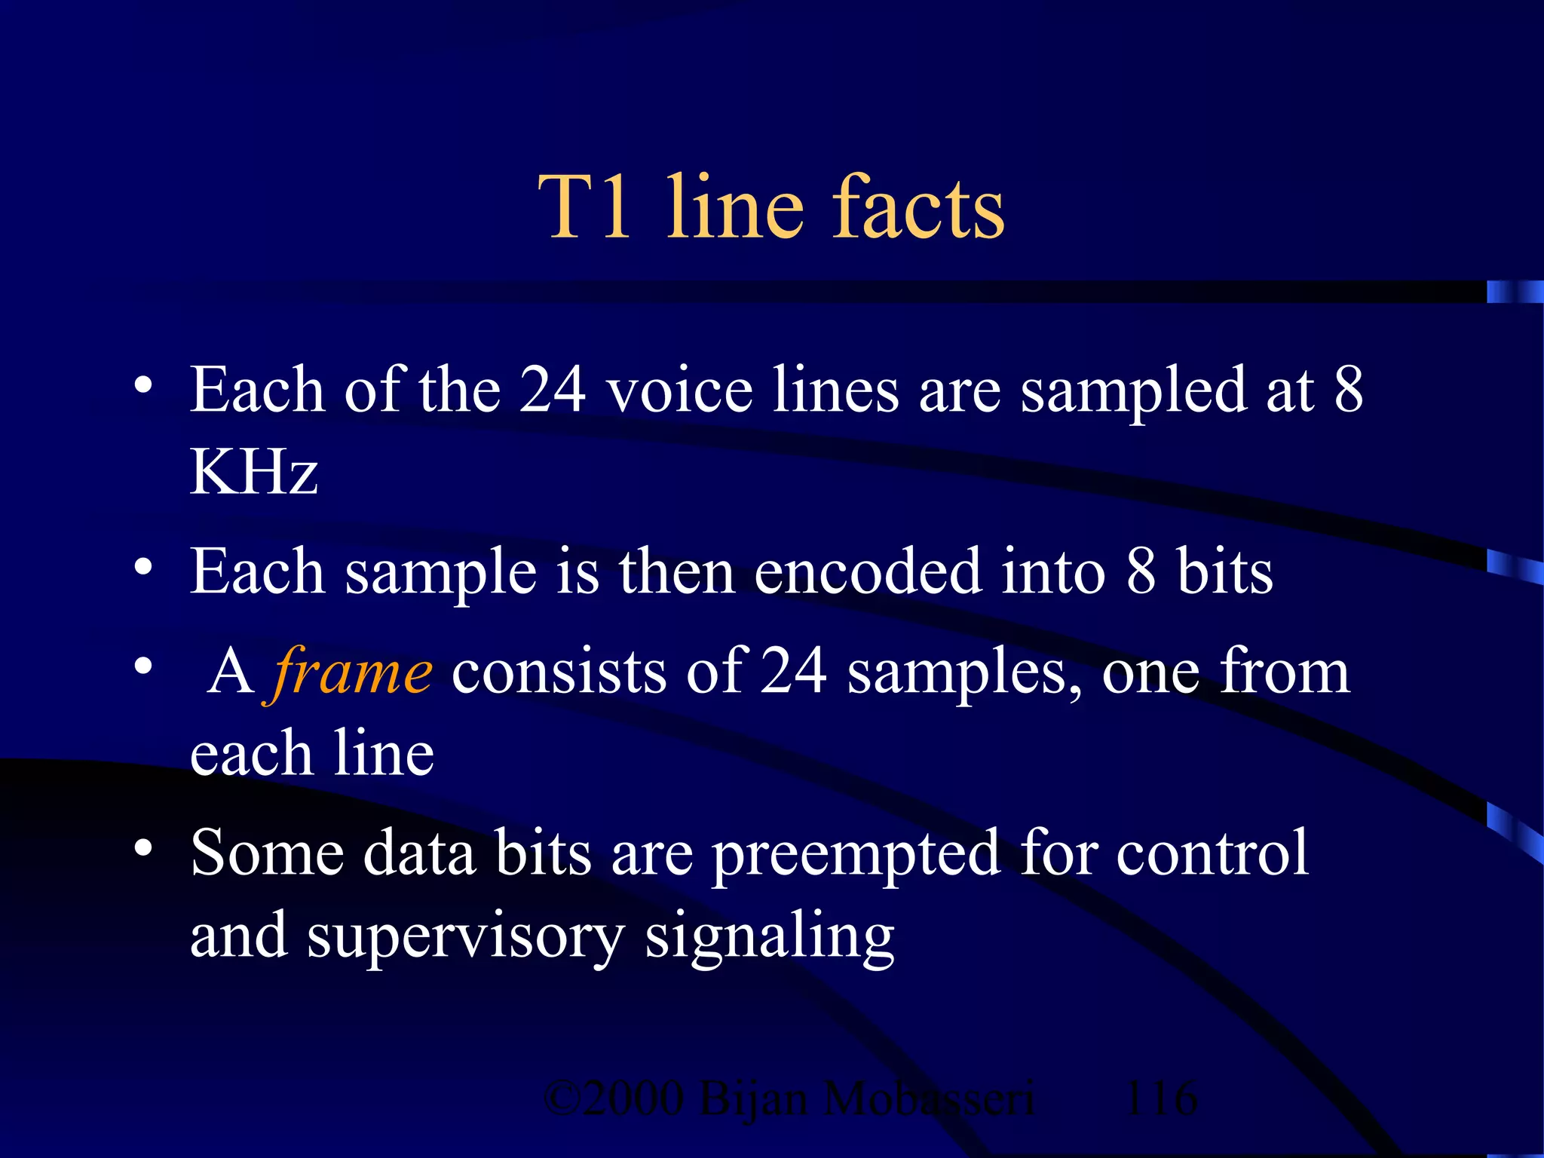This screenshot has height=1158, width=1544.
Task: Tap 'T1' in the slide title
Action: (584, 207)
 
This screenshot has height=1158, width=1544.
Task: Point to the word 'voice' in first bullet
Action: (680, 390)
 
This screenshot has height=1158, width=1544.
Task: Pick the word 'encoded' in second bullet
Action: (867, 571)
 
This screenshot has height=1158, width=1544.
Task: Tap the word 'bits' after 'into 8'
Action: (1224, 571)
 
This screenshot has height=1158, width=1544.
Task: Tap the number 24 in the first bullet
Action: (553, 390)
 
